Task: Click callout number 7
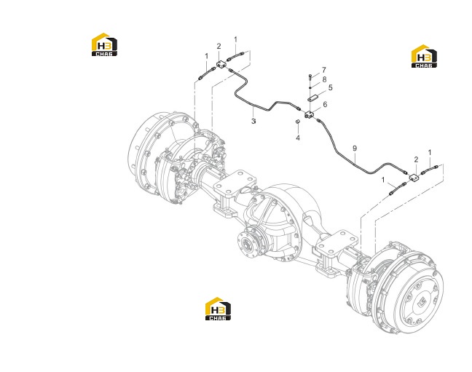coord(324,70)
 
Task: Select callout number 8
coord(324,79)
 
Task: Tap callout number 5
coord(330,87)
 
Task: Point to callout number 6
coord(325,104)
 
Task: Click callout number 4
coord(298,138)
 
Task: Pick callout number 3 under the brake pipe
coord(253,121)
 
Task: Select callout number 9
coord(355,148)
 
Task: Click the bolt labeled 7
coord(310,77)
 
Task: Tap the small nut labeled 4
coord(296,122)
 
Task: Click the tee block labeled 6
coord(309,115)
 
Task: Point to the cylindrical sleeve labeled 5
coord(312,98)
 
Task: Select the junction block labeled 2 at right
coord(413,178)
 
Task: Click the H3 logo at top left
coord(104,44)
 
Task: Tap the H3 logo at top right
coord(424,56)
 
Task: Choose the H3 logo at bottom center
coord(218,309)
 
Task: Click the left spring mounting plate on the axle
coord(235,183)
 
